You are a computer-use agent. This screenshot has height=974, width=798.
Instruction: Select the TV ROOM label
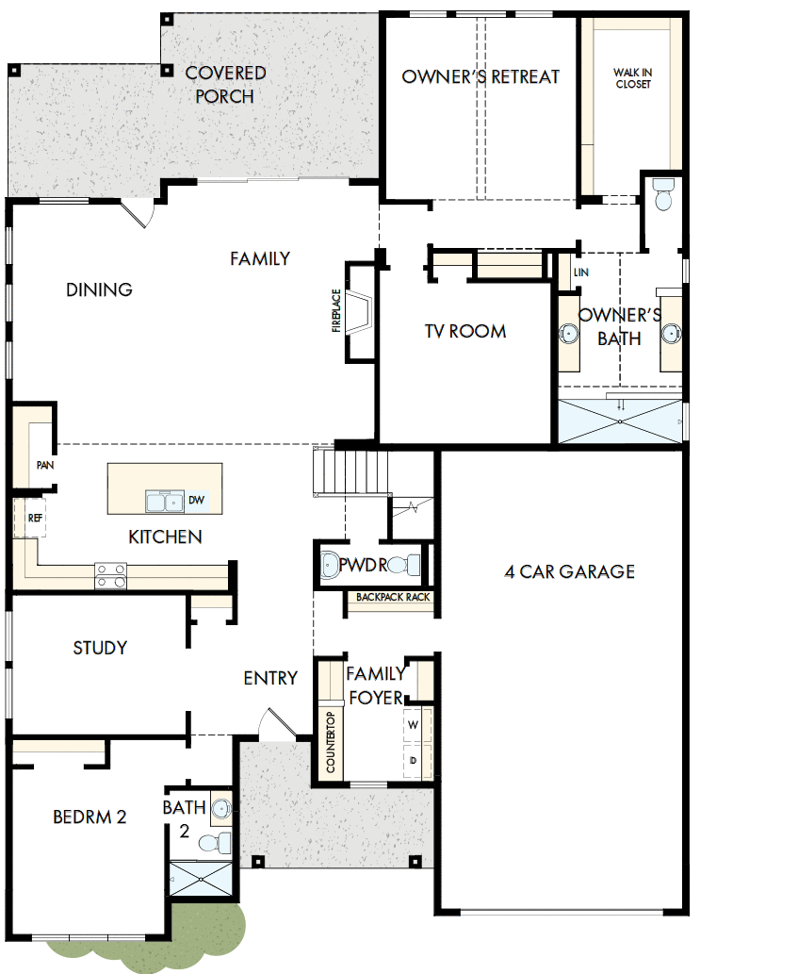point(464,331)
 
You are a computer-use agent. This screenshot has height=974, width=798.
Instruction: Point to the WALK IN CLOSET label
point(632,78)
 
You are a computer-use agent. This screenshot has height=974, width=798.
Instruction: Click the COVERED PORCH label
point(225,84)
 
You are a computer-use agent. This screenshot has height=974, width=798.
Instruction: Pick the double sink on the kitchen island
point(165,501)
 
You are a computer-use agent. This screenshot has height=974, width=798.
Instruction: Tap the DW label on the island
point(196,501)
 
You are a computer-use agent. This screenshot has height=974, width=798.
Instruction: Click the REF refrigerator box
point(34,518)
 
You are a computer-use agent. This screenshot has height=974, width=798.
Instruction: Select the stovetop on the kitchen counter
point(110,575)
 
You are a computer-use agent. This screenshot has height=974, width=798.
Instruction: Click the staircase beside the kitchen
point(350,471)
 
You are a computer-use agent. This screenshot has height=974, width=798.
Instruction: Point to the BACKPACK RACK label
point(393,598)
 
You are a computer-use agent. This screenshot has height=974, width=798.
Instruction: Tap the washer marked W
point(414,725)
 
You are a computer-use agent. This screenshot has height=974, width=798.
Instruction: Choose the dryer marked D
point(414,760)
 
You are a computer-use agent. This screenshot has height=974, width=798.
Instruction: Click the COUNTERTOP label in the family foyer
point(331,743)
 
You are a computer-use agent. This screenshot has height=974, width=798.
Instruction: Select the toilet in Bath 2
point(220,841)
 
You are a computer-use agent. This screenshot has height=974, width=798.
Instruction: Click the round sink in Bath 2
point(220,808)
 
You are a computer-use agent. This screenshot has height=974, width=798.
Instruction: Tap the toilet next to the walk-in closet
point(662,195)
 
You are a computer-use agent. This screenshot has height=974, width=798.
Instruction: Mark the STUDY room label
point(100,648)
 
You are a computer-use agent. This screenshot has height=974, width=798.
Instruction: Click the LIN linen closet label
point(579,272)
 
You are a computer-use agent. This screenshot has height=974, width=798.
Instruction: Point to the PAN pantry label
point(43,465)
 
